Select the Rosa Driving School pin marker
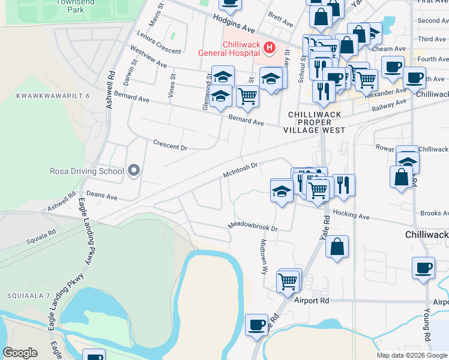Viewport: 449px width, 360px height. [x=133, y=172]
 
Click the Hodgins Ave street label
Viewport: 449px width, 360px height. [x=234, y=25]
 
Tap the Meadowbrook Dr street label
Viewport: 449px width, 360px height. [x=253, y=227]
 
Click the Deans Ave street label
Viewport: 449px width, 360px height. [x=101, y=196]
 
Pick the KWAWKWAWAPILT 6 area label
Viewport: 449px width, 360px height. [x=53, y=96]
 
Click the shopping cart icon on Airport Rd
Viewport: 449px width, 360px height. [x=288, y=280]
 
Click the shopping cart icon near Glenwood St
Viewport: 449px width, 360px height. [x=247, y=95]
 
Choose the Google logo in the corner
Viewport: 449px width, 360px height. [x=20, y=353]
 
